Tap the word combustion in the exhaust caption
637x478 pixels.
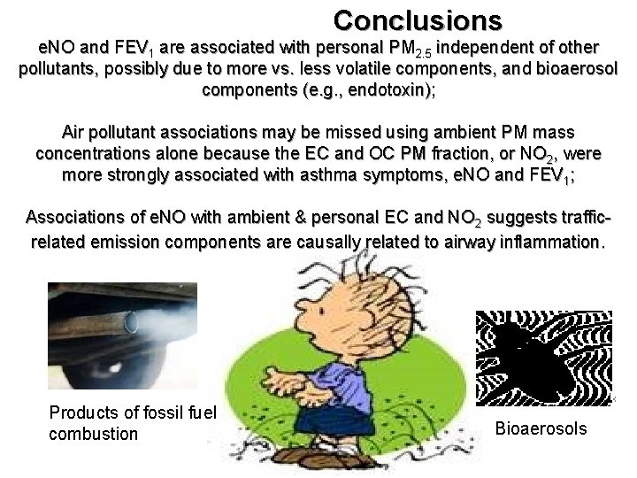pyautogui.click(x=94, y=434)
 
